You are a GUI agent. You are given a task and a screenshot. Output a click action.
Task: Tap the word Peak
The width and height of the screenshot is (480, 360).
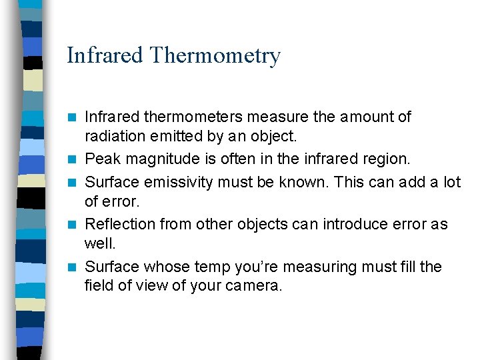pyautogui.click(x=101, y=160)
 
